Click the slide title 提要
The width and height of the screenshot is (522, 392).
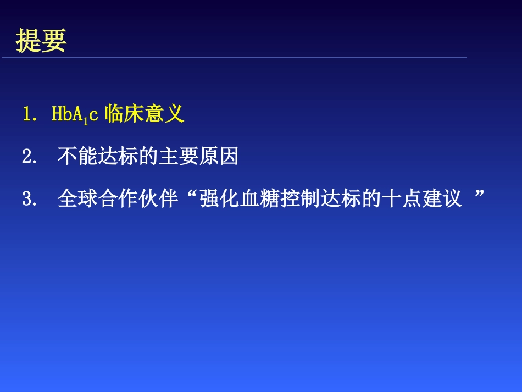[41, 41]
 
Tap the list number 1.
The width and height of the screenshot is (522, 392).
[27, 114]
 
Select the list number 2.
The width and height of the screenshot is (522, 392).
[27, 157]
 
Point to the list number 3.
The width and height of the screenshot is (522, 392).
[27, 199]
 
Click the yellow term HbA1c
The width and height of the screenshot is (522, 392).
[74, 114]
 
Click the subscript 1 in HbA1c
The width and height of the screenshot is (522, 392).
[85, 119]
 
